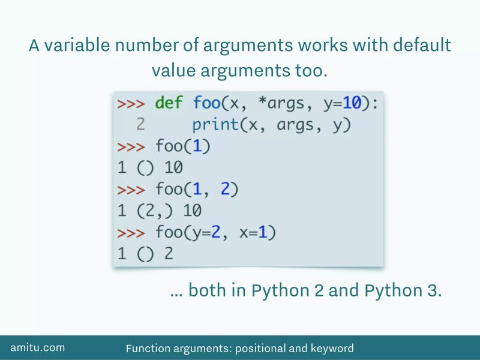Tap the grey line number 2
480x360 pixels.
(x=140, y=125)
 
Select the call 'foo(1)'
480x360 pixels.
(x=184, y=146)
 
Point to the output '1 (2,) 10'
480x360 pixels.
(x=160, y=211)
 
